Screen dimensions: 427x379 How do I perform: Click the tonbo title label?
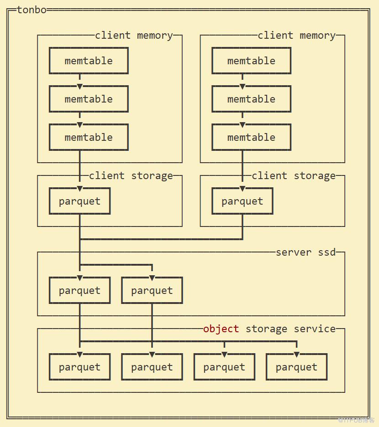click(32, 10)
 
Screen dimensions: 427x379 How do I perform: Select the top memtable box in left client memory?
click(89, 61)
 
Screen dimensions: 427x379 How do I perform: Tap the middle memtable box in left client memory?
click(89, 99)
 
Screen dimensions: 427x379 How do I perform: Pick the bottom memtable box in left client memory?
click(89, 137)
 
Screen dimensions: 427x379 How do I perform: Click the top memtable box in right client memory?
click(251, 61)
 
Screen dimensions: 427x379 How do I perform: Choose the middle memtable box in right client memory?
click(251, 99)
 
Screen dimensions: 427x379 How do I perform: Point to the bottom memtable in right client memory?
click(251, 137)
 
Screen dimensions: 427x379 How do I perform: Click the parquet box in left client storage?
click(79, 201)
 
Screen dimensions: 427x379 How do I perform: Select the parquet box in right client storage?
click(242, 201)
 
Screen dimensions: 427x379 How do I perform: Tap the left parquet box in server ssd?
click(79, 290)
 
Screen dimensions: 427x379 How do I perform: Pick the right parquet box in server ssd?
click(152, 290)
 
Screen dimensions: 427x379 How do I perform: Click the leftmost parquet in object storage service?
click(79, 367)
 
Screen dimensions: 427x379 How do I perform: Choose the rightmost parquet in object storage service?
click(296, 367)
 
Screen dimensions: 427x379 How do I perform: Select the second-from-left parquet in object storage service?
click(152, 367)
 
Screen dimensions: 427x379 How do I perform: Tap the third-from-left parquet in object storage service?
click(224, 367)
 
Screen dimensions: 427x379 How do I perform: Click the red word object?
click(221, 329)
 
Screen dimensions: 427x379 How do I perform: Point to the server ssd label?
click(305, 252)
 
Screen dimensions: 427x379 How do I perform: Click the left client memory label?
click(134, 35)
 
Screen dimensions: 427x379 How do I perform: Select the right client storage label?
click(294, 175)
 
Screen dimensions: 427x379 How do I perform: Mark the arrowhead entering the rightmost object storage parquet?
click(296, 354)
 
